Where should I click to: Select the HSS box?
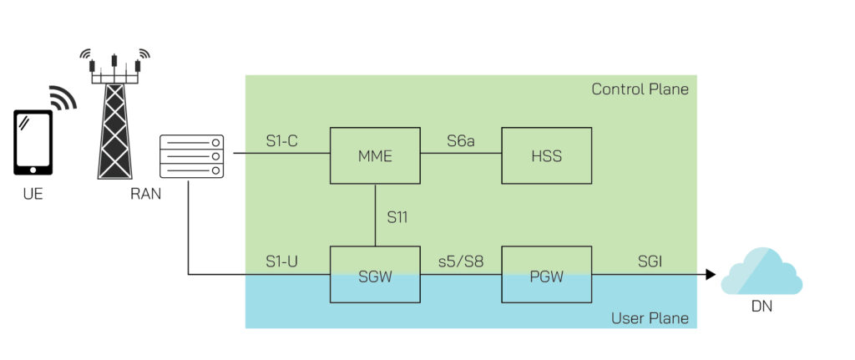(546, 155)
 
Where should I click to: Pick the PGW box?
(546, 275)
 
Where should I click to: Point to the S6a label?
(459, 142)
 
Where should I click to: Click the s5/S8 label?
(461, 261)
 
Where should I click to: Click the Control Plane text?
(640, 89)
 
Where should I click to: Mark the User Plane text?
(650, 317)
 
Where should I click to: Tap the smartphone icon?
(33, 141)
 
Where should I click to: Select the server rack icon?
(193, 156)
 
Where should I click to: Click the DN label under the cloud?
(761, 307)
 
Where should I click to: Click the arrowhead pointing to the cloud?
(711, 274)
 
